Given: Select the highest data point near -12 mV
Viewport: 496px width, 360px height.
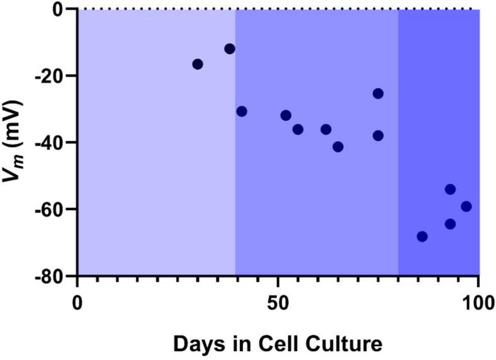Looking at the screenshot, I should (x=230, y=49).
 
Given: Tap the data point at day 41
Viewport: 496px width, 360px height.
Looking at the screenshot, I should (x=242, y=111).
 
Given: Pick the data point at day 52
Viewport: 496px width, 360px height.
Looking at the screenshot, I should (x=286, y=115).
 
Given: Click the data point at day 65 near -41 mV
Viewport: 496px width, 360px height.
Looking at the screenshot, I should (x=338, y=147).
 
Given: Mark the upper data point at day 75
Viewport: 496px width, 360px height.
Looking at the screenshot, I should (x=378, y=94).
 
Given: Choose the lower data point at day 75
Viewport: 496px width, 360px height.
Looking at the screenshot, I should (x=378, y=135).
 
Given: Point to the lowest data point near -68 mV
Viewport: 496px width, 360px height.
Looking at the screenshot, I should (x=422, y=237).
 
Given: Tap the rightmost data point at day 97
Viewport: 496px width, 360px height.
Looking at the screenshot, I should (x=466, y=206).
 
